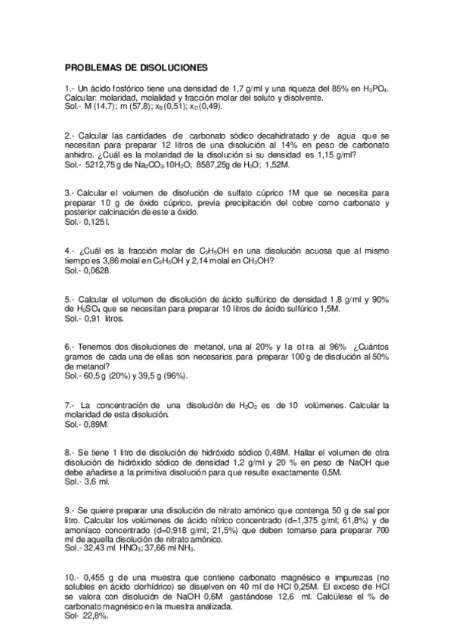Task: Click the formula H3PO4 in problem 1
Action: pos(374,89)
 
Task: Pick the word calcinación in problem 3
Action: pos(124,213)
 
